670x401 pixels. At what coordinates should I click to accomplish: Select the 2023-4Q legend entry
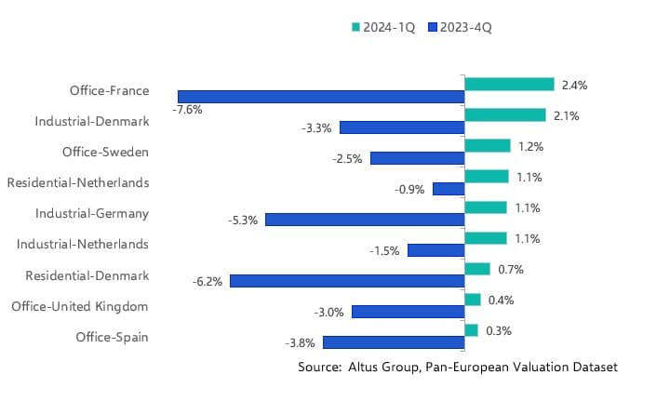tap(460, 27)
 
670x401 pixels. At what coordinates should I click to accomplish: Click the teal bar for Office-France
tap(509, 85)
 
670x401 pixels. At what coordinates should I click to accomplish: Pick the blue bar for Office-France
tap(321, 97)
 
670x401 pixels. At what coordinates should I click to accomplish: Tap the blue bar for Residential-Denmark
tap(347, 281)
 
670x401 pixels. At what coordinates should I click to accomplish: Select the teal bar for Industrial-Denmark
tap(504, 115)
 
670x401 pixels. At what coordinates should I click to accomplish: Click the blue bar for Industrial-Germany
tap(365, 220)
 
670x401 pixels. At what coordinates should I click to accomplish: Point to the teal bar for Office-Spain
tap(471, 330)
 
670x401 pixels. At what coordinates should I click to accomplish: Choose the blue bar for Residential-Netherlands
tap(449, 189)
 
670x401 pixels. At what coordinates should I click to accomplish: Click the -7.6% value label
tap(187, 110)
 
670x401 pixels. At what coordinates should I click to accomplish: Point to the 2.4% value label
tap(575, 85)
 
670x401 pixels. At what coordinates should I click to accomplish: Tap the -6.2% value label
tap(208, 281)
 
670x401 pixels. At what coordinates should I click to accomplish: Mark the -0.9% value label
tap(409, 189)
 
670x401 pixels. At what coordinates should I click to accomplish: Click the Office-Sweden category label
tap(105, 152)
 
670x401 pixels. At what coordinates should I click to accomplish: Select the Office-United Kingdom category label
tap(80, 305)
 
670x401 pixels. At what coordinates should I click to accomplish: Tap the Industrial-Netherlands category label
tap(83, 244)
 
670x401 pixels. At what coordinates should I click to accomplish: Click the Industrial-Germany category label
tap(92, 213)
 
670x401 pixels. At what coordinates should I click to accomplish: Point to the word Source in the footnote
tap(318, 368)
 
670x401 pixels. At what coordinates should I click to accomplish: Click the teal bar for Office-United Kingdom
tap(473, 300)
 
